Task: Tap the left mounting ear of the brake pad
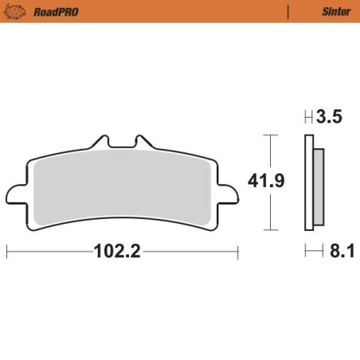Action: [16, 194]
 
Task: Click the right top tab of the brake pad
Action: [143, 144]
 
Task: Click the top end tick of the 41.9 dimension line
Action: [272, 136]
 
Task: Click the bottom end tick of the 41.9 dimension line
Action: [272, 229]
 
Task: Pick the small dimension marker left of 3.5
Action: [308, 118]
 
